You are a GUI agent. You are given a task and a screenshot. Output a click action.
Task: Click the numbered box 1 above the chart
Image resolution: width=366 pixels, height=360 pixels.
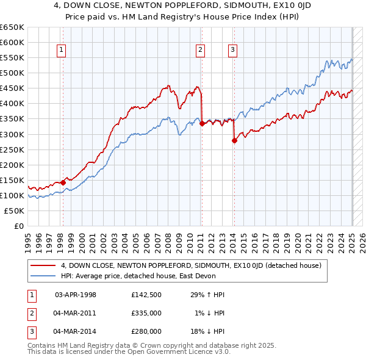click(x=62, y=51)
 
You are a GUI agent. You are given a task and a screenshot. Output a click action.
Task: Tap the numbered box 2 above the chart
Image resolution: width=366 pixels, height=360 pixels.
click(x=200, y=51)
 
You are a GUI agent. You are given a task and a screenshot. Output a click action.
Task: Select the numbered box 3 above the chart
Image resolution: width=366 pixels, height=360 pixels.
click(x=233, y=51)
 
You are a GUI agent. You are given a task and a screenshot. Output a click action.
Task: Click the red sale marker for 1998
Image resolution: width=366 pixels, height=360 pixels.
click(x=63, y=182)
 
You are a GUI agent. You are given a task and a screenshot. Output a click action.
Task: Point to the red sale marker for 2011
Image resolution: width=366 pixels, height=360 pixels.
click(x=201, y=123)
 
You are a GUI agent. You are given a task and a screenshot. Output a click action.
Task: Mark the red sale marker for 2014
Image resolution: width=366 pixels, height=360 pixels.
click(x=234, y=140)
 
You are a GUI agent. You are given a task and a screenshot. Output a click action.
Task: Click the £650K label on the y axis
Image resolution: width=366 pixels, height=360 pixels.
click(x=12, y=27)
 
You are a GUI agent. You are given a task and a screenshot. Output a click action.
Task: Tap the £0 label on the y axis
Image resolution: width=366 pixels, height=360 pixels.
click(x=18, y=226)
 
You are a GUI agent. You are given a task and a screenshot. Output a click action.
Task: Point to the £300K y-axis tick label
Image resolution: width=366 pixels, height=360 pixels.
click(x=12, y=134)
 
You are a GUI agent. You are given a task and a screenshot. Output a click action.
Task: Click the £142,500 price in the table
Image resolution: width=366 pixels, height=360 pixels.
click(x=146, y=295)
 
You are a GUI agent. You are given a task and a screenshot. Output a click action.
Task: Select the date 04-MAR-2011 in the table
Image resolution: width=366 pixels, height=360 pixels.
click(x=75, y=313)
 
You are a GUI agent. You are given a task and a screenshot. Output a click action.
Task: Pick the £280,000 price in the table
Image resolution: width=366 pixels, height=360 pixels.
click(x=146, y=331)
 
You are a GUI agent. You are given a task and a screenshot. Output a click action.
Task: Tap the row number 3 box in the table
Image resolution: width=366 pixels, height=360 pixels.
click(x=30, y=331)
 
